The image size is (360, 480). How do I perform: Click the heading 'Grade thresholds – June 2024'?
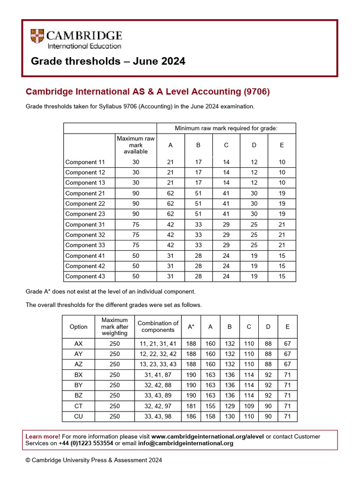pos(108,61)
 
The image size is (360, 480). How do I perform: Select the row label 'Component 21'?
pos(85,193)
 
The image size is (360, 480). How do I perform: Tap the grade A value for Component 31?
pos(171,225)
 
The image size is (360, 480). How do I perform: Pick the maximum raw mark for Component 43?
pos(135,277)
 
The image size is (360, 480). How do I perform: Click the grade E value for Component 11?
pos(282,162)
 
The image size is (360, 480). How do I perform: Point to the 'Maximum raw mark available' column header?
pos(135,145)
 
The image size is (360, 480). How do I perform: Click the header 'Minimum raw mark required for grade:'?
pos(226,128)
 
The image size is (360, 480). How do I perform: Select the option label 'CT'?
pos(78,406)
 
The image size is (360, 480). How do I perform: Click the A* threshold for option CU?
pos(191,416)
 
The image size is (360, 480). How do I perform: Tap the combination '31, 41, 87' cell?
pos(157,375)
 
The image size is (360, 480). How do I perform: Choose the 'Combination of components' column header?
pos(158,326)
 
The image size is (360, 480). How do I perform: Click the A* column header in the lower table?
pos(191,327)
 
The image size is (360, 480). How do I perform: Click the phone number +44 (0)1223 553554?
pos(86,443)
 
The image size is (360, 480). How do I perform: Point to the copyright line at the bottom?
pos(94,460)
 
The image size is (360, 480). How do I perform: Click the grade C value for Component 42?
pos(226,266)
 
